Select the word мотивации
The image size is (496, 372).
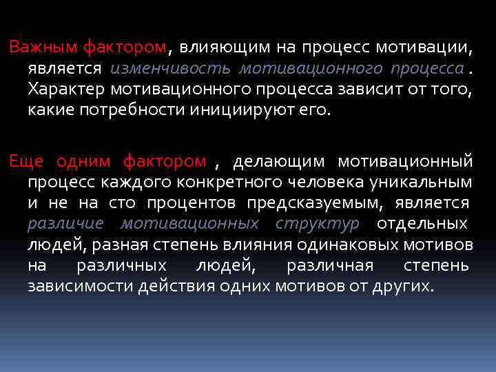430,48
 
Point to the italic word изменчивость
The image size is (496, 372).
170,68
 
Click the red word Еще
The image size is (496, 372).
26,161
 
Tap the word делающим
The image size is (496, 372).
279,161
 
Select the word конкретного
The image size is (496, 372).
258,182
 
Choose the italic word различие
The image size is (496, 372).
65,223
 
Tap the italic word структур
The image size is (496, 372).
318,223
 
